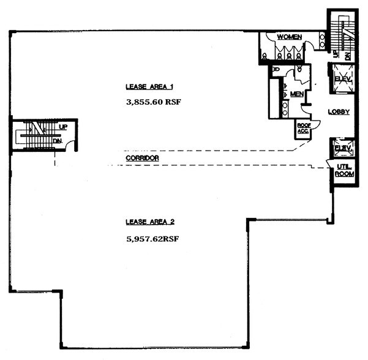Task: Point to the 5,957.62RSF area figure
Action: (150, 238)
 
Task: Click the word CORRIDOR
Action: (142, 158)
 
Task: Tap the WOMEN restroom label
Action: (289, 37)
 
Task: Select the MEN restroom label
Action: (297, 94)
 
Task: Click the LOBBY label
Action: (339, 111)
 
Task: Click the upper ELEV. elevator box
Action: (340, 78)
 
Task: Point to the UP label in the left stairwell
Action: (62, 127)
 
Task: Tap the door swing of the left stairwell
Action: (72, 146)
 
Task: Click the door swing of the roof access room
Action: (304, 111)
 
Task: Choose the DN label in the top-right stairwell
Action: (348, 55)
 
